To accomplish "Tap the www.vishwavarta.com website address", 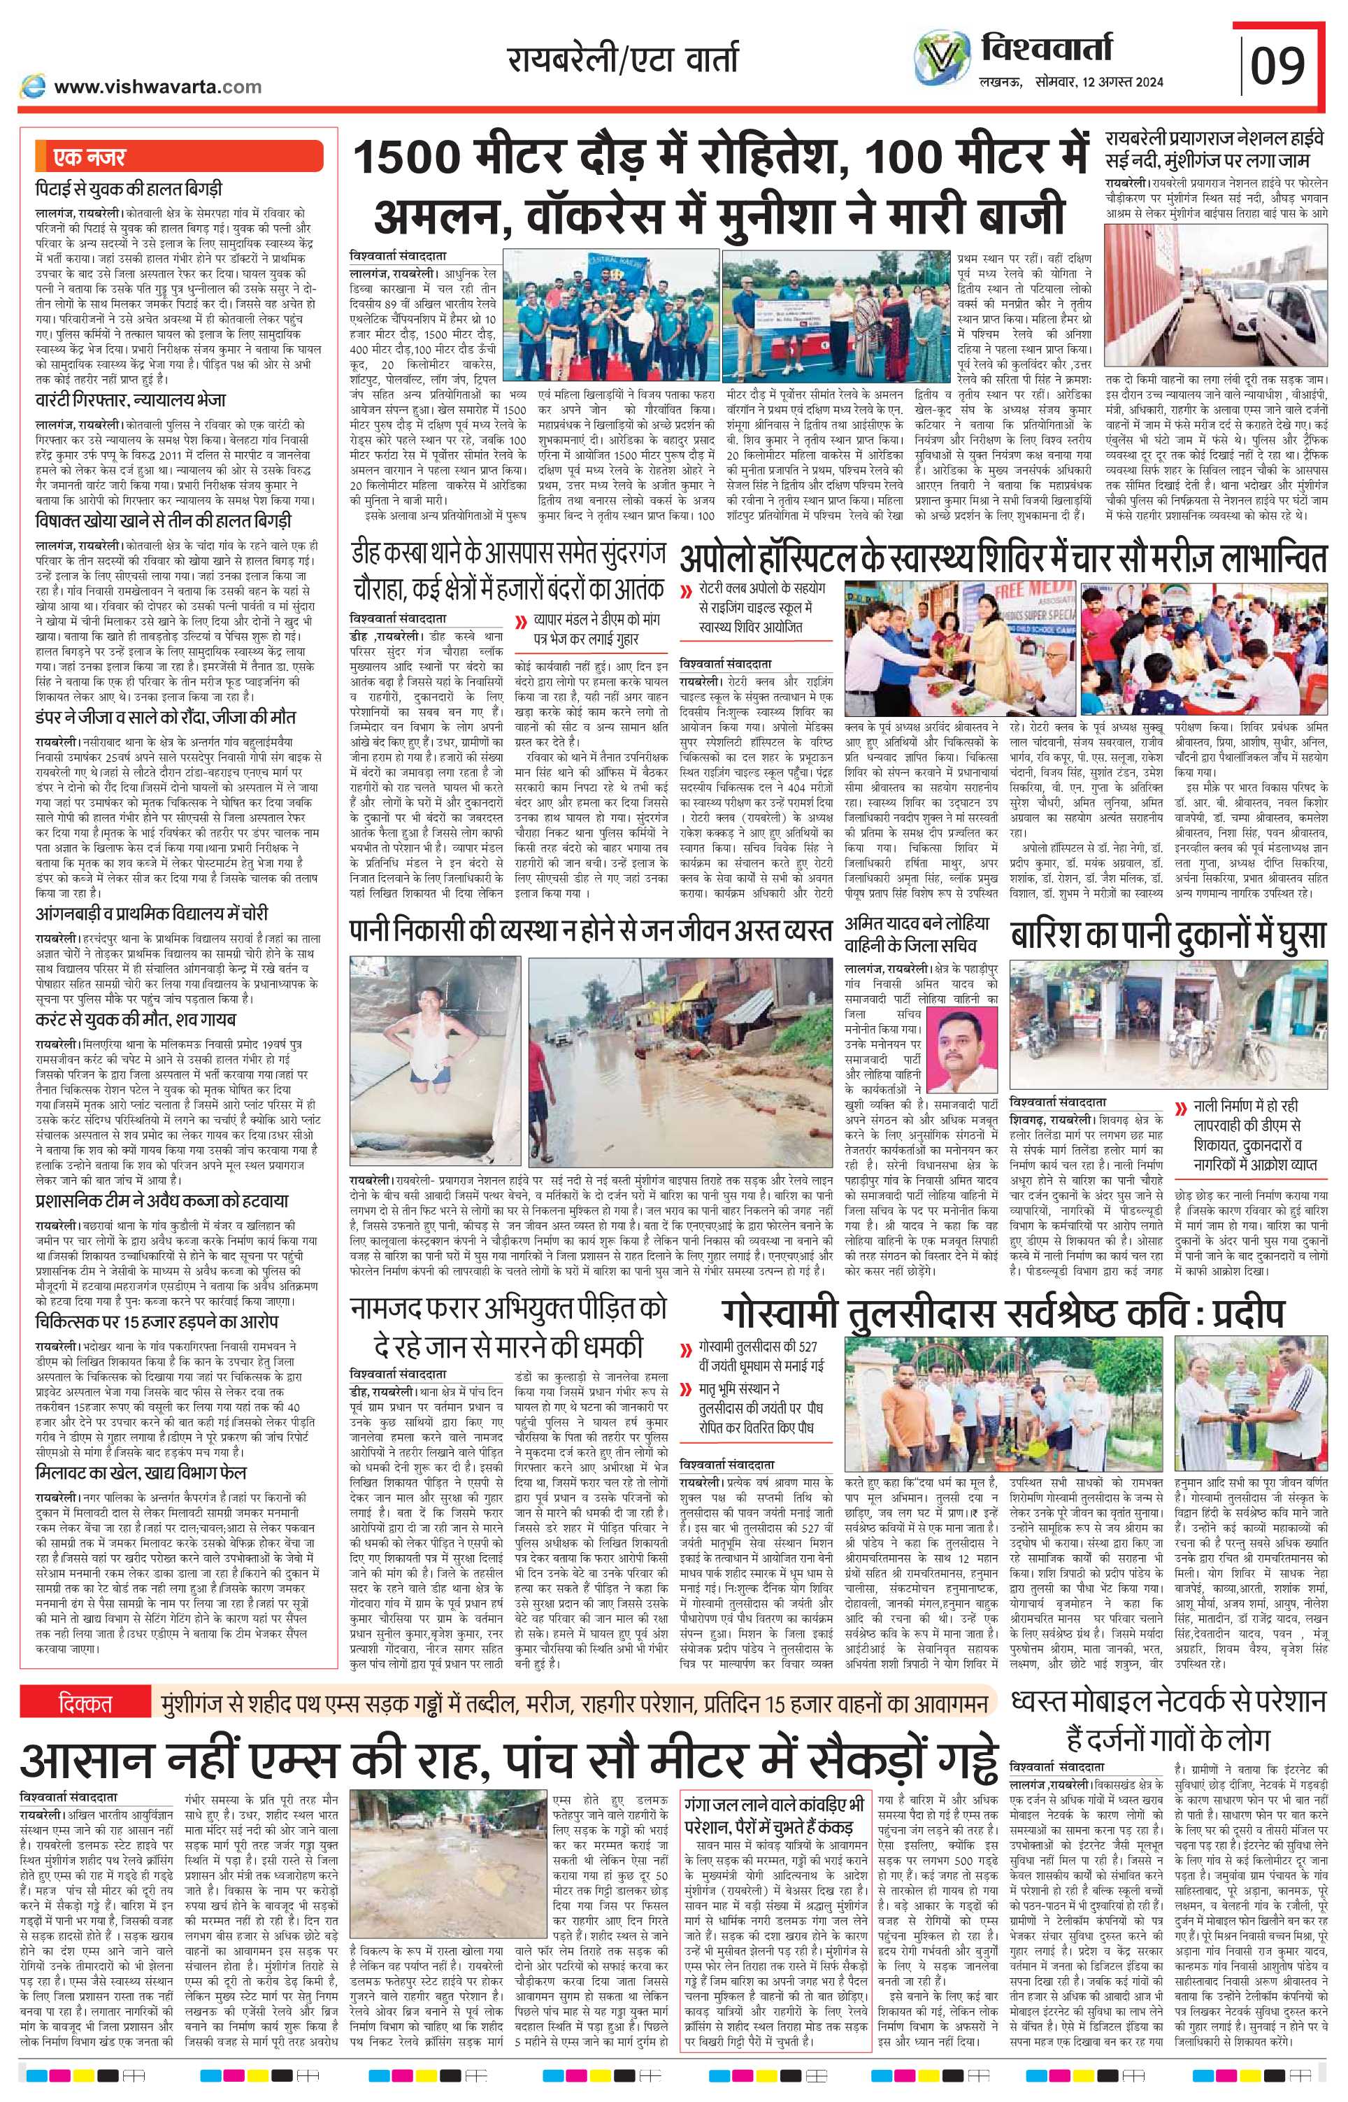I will pyautogui.click(x=157, y=86).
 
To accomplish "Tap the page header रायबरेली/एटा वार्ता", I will pyautogui.click(x=622, y=59).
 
